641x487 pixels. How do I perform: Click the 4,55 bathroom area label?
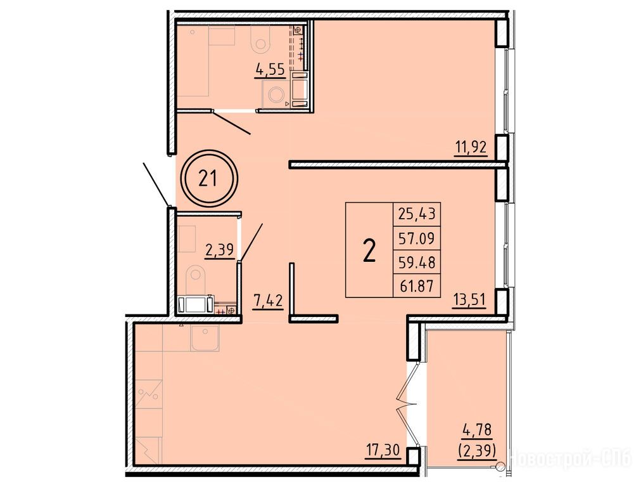click(x=270, y=70)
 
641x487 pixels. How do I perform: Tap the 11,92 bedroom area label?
click(x=471, y=146)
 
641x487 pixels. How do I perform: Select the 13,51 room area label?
click(x=469, y=301)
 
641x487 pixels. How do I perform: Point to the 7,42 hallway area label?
click(x=268, y=301)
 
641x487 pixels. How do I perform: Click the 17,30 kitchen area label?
click(x=383, y=451)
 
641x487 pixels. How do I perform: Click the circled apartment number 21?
click(x=208, y=179)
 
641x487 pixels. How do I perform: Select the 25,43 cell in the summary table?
click(x=417, y=214)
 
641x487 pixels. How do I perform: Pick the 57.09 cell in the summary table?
click(x=417, y=238)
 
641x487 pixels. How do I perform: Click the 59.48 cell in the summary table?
click(x=417, y=261)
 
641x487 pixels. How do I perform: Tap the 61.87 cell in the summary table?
click(x=417, y=285)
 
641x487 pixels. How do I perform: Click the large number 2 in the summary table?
click(x=369, y=250)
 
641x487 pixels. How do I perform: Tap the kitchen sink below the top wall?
click(x=205, y=339)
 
